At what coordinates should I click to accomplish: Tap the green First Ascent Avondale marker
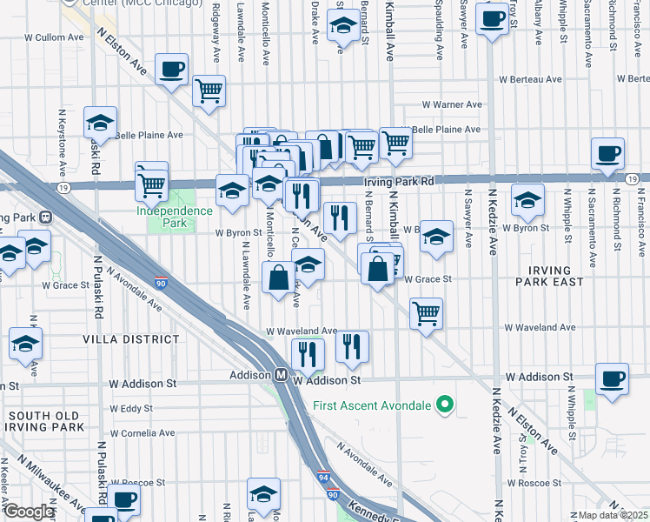tap(446, 405)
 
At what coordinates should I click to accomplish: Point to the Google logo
tap(28, 512)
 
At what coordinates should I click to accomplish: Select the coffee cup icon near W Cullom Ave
tap(171, 69)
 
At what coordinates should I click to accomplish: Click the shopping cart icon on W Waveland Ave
tap(426, 312)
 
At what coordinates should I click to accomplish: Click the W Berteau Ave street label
tap(531, 79)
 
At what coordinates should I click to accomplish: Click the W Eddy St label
tap(131, 408)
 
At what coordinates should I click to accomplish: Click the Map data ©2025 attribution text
tap(613, 515)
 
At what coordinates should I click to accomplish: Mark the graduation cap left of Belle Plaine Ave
tap(101, 123)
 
